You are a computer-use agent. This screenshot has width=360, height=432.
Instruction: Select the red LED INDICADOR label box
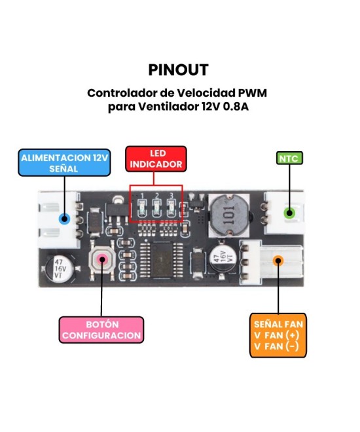point(156,158)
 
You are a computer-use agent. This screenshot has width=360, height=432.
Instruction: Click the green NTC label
point(287,158)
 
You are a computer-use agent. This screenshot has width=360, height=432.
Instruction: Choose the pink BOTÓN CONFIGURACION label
point(101,330)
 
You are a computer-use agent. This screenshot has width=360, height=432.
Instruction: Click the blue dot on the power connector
point(64,219)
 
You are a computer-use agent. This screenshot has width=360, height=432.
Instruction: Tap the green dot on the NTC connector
point(287,213)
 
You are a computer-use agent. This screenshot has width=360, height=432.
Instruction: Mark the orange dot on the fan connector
point(278,261)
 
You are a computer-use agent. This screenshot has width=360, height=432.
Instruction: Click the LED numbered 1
point(141,207)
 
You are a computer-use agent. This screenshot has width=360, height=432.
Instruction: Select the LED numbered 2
point(157,207)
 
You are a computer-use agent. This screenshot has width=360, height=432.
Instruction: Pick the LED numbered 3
point(172,207)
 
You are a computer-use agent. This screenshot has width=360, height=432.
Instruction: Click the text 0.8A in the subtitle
point(234,107)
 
